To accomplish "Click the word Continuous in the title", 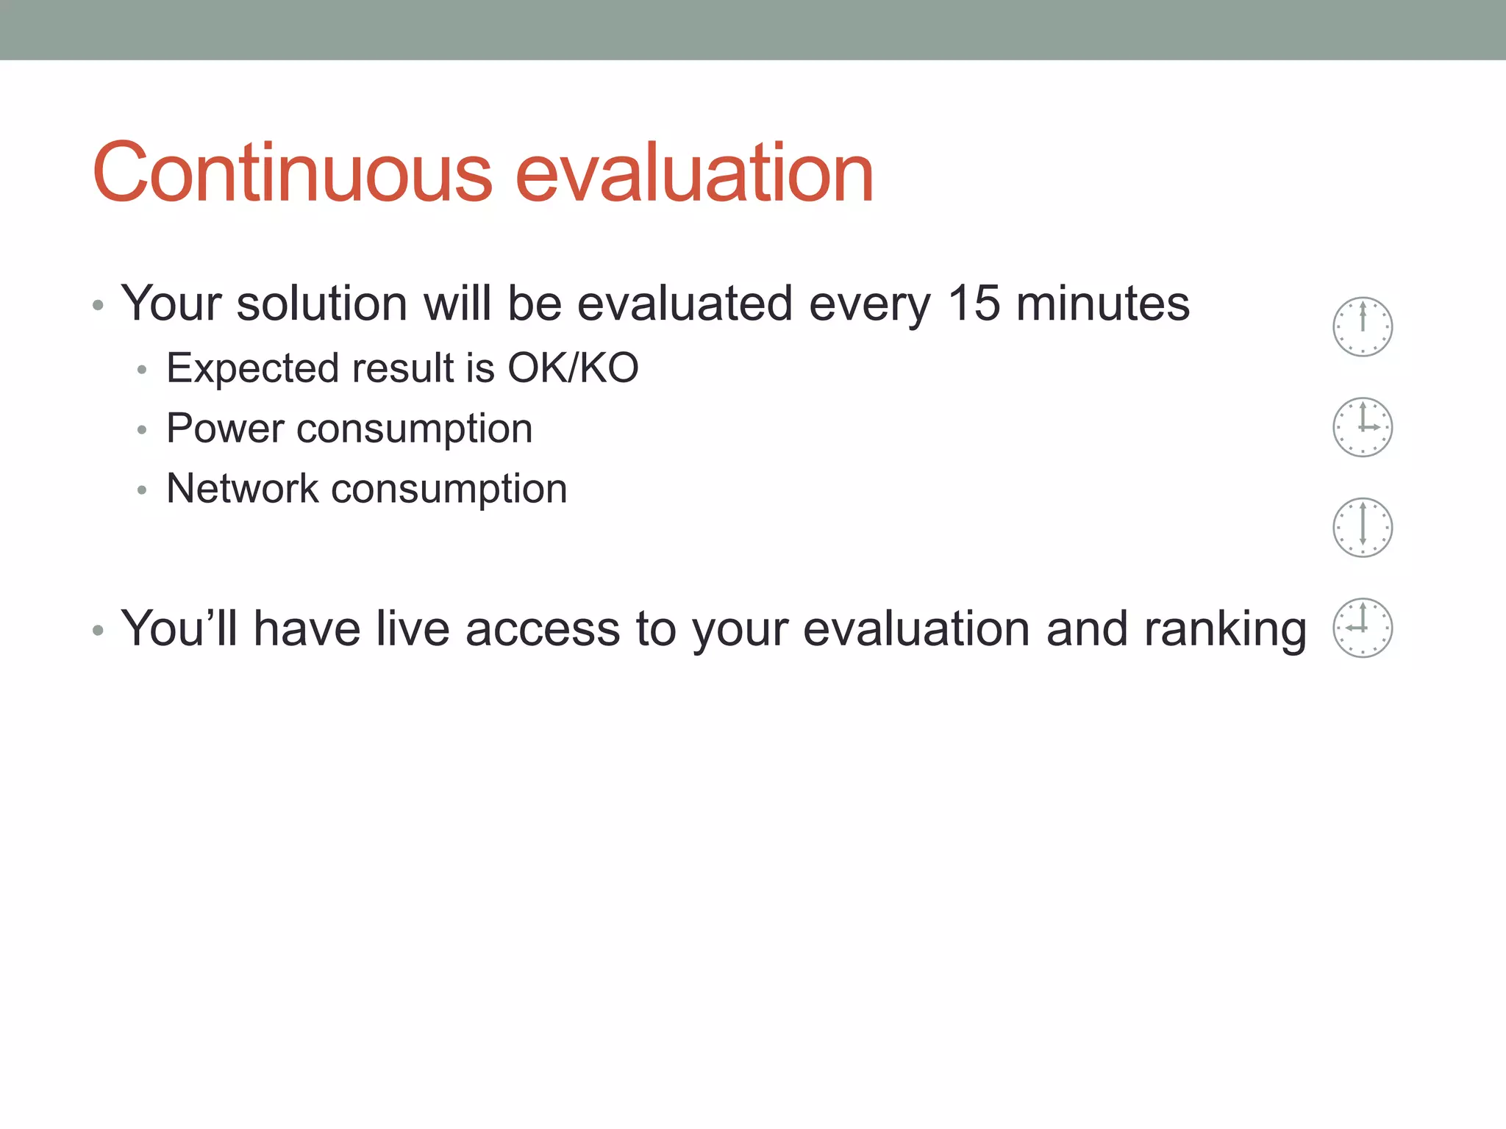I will coord(292,173).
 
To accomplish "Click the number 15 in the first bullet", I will coord(974,303).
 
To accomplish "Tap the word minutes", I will coord(1102,303).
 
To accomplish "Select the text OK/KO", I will coord(573,368).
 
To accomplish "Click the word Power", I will coord(224,428).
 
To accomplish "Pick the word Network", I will coord(242,488).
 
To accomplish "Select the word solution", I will coord(321,303).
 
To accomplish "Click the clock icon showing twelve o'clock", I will coord(1363,326).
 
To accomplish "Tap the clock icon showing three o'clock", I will coord(1363,427).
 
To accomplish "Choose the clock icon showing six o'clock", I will coord(1363,527).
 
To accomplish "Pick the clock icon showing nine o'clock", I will coord(1363,628).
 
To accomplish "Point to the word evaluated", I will coord(685,303).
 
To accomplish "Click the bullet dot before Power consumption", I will coord(142,430).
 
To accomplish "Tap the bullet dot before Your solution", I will coord(98,304).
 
